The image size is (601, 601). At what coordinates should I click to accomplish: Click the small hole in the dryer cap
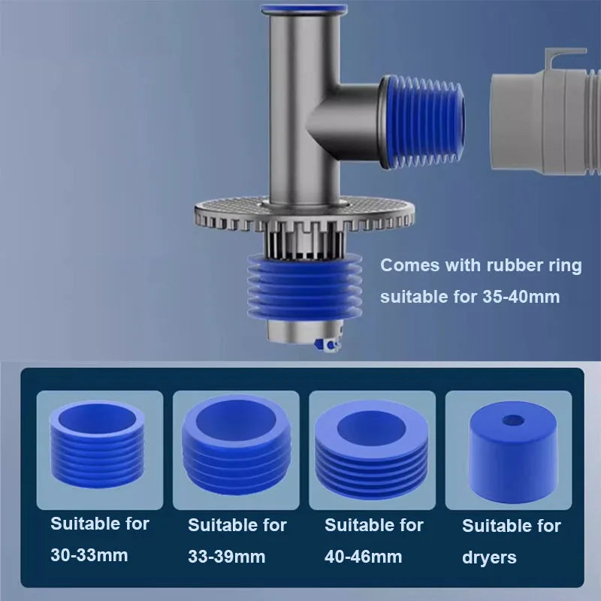click(x=512, y=419)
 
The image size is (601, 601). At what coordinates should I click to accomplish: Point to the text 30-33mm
click(x=90, y=556)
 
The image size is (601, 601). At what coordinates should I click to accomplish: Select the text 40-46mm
click(x=364, y=557)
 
